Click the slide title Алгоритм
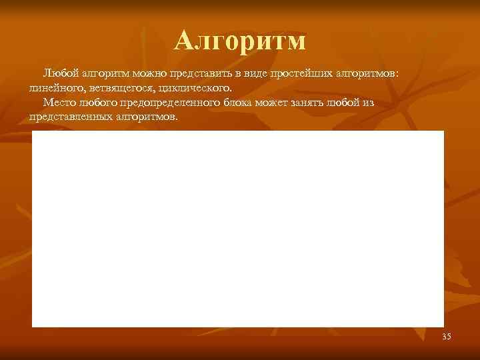240,41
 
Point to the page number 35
446,337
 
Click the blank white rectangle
237,229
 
